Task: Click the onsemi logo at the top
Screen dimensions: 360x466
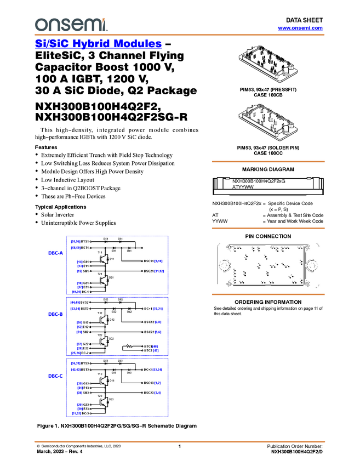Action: (x=71, y=25)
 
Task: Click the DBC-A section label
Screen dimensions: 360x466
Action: (x=56, y=253)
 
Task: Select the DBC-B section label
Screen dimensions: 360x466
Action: (x=55, y=314)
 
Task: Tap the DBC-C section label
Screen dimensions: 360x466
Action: (x=55, y=376)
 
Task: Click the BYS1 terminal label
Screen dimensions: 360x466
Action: (x=85, y=241)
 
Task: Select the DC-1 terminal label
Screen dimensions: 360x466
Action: (x=85, y=292)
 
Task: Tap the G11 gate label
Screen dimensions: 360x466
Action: (x=87, y=262)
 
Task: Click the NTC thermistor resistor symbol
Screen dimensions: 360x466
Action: (x=130, y=346)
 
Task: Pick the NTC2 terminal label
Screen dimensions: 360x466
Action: (x=148, y=350)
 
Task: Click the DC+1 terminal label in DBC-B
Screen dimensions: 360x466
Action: (x=148, y=309)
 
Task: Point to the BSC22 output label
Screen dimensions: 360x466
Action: (x=148, y=332)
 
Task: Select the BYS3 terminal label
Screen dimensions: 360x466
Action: (x=85, y=363)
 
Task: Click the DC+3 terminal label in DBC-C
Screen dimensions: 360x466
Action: (x=148, y=370)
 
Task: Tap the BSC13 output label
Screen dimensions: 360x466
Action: (x=148, y=383)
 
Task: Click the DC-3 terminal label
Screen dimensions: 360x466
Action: (x=85, y=413)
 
